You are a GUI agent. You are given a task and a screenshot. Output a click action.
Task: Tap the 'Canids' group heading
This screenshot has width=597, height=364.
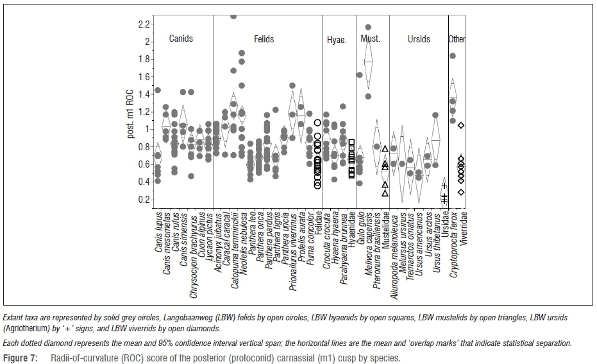point(181,39)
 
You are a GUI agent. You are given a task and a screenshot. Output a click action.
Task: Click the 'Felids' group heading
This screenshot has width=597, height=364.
point(261,39)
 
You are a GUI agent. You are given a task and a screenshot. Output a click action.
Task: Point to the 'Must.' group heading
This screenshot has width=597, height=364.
point(370,39)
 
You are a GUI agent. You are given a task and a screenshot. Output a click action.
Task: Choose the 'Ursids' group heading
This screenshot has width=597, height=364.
point(419,39)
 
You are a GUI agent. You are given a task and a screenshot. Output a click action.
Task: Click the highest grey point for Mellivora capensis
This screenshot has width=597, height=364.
point(368,28)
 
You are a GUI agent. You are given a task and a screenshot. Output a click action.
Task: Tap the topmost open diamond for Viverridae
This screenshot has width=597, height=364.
point(461,125)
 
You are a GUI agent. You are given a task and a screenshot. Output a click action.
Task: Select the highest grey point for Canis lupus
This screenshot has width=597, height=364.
point(158,91)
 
